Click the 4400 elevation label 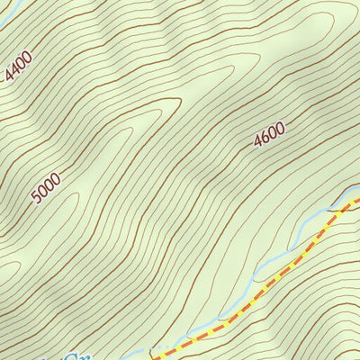tap(17, 67)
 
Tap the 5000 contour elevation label tap(46, 189)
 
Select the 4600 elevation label tap(269, 134)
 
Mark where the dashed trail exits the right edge tap(357, 200)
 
